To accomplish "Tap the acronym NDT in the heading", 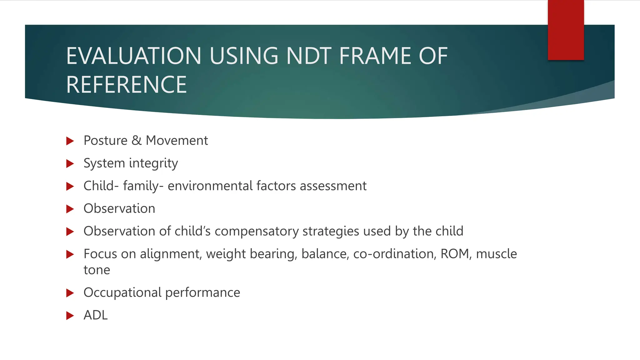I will click(x=308, y=56).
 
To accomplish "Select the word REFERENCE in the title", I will click(x=127, y=85).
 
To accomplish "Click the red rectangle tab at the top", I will click(x=566, y=30).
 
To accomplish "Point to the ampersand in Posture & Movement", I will click(x=137, y=141).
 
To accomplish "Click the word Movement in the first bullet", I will click(x=177, y=141).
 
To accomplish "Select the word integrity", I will click(x=153, y=163).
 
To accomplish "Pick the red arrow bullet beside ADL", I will click(x=70, y=316).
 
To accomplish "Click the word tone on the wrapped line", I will click(x=97, y=270).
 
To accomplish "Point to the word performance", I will click(x=202, y=293).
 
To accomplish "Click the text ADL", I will click(x=96, y=315).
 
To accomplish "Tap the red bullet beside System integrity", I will click(x=70, y=164).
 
